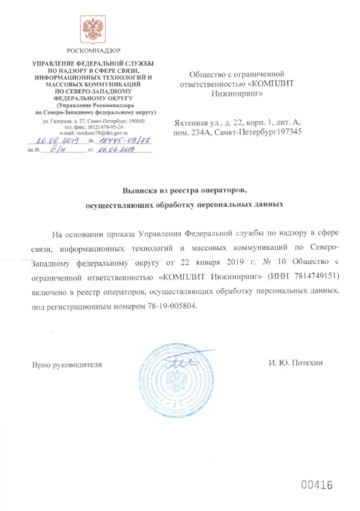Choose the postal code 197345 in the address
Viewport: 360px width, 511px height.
[286, 131]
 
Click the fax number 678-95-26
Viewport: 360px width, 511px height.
[112, 127]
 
